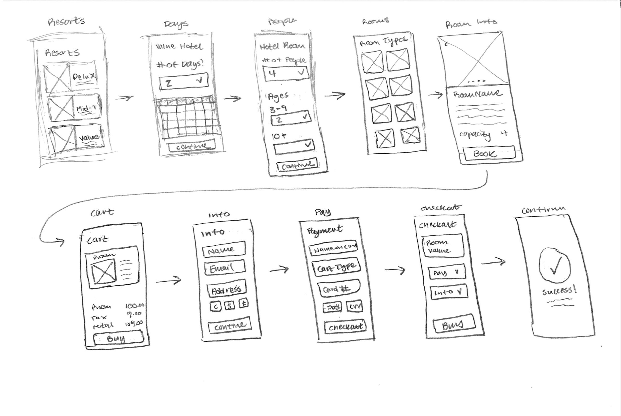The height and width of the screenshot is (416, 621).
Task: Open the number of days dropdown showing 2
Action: click(184, 82)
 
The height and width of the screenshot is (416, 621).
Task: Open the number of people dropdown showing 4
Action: click(286, 73)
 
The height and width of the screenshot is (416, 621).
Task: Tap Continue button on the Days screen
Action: click(192, 146)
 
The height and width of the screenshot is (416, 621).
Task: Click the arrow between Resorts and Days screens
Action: click(124, 98)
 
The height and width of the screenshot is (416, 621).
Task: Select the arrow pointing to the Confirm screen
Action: click(493, 263)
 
